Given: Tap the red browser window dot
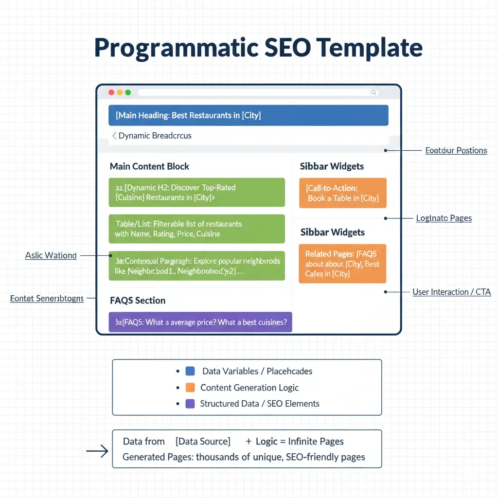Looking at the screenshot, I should click(111, 92).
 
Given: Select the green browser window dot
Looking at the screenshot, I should click(128, 92).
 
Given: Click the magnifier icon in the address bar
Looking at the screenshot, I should click(373, 92).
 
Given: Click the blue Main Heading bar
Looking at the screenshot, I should click(248, 115).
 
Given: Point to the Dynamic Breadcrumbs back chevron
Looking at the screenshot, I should click(114, 136).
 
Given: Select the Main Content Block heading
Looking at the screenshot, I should click(149, 166).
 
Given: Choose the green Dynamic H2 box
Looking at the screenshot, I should click(196, 193).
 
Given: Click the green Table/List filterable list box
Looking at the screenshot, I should click(196, 229).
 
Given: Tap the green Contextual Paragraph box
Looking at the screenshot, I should click(196, 266).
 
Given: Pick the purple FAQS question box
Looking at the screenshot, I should click(200, 322).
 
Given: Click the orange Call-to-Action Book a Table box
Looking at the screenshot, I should click(342, 193).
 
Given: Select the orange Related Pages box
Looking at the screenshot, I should click(342, 264).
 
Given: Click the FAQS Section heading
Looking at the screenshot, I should click(138, 301).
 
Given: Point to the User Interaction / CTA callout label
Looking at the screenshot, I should click(451, 292).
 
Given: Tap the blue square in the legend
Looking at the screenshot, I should click(191, 371).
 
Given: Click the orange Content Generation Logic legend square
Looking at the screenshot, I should click(191, 388).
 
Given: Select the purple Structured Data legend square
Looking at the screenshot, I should click(191, 404).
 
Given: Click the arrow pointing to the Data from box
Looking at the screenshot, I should click(97, 452).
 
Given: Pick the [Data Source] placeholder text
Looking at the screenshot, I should click(202, 442).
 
